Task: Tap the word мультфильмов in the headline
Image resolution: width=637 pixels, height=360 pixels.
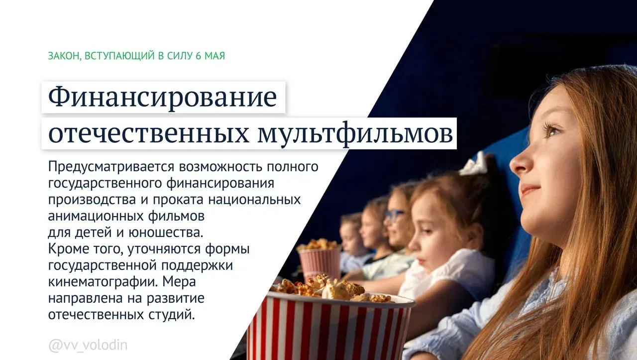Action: pos(355,134)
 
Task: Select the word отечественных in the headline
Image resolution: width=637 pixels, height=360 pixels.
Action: pos(148,134)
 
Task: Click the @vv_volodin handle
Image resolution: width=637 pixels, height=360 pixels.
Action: pos(88,345)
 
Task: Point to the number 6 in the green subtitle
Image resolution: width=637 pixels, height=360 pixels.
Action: pos(198,56)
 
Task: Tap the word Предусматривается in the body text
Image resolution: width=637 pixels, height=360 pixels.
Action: pos(111,167)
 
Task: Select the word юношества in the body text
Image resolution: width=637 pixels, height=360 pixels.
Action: pos(166,233)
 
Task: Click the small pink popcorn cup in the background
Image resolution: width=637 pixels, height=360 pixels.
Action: pos(320,262)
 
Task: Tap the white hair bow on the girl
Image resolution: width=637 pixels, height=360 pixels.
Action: pos(473,164)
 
